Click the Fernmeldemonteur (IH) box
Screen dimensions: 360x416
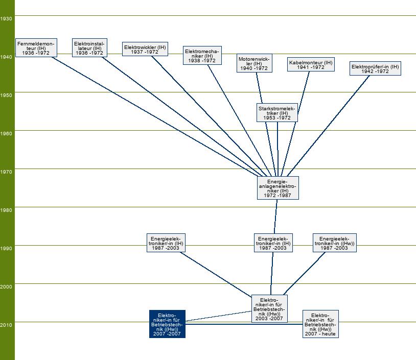(x=35, y=47)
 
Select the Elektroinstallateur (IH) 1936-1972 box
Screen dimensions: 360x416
(x=89, y=47)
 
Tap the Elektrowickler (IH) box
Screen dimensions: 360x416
(x=145, y=49)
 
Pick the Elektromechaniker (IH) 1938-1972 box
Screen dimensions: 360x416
(x=202, y=56)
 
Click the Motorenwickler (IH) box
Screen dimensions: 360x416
(x=254, y=63)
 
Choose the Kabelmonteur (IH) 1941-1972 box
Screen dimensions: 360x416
(x=311, y=64)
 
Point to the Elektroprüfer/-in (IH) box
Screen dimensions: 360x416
(x=375, y=68)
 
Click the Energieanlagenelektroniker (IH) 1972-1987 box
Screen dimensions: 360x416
(x=278, y=188)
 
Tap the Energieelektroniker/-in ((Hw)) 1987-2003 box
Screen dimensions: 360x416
(x=335, y=243)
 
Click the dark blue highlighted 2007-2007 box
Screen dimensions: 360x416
(x=167, y=324)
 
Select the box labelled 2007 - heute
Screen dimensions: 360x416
(x=320, y=324)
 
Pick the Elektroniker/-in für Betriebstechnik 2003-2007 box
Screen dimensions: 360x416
(x=269, y=308)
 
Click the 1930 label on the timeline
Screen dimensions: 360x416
(x=7, y=18)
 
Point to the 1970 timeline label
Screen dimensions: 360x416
(x=7, y=172)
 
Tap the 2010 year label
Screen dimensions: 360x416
(x=7, y=325)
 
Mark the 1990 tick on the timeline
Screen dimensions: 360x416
(x=7, y=248)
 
